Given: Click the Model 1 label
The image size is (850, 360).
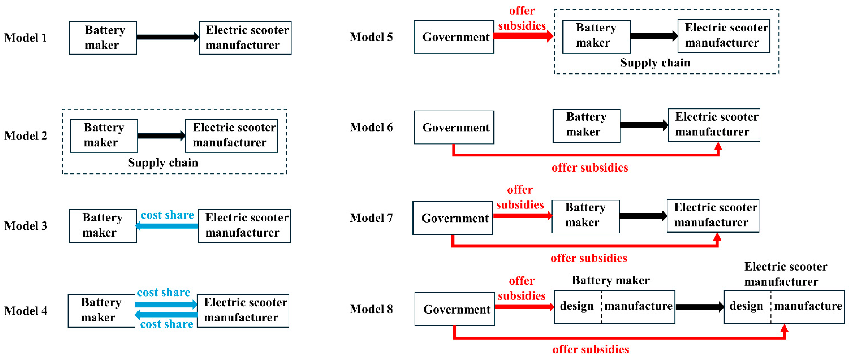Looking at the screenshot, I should (25, 38).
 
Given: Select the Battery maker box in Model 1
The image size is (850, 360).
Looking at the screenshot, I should (103, 38).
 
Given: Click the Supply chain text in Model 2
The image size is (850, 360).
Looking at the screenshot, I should (163, 163).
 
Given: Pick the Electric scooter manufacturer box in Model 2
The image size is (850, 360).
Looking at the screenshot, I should (231, 136).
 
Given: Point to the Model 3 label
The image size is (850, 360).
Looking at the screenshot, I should (25, 226).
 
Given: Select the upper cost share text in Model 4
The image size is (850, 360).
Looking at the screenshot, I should (164, 292).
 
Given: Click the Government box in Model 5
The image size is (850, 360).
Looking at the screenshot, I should (454, 37).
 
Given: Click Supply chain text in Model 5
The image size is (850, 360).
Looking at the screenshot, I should (655, 63).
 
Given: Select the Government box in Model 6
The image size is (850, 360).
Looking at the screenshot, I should (454, 127).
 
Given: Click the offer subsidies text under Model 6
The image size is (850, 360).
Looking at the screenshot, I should (590, 168).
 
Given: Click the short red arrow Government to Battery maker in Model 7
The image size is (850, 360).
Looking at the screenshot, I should (522, 216).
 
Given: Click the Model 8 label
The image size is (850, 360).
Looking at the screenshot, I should (371, 309).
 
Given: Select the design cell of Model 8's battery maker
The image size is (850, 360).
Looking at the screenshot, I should (577, 306).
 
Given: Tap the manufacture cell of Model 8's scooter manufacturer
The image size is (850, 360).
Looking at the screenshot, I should (808, 306).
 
